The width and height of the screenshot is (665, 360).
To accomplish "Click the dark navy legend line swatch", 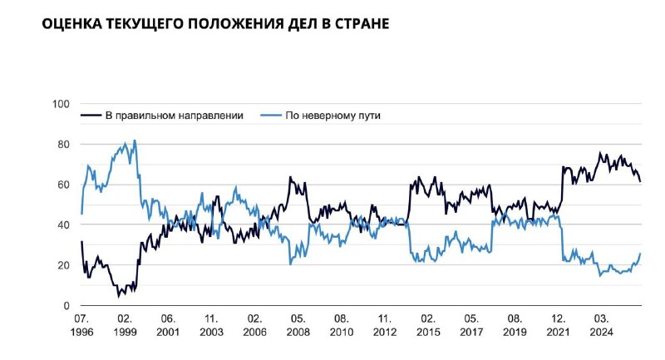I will (90, 116).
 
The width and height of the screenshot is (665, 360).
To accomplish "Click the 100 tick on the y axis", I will (60, 104).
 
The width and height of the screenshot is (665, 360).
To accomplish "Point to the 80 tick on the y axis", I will (62, 145).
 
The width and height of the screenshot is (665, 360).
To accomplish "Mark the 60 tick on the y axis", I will (62, 185).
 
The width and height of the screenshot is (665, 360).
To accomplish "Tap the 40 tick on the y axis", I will (62, 225).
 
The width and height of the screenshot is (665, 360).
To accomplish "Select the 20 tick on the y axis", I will (62, 265).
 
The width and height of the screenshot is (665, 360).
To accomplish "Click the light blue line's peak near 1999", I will (135, 141).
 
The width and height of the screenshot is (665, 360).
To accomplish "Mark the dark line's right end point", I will (640, 180).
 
